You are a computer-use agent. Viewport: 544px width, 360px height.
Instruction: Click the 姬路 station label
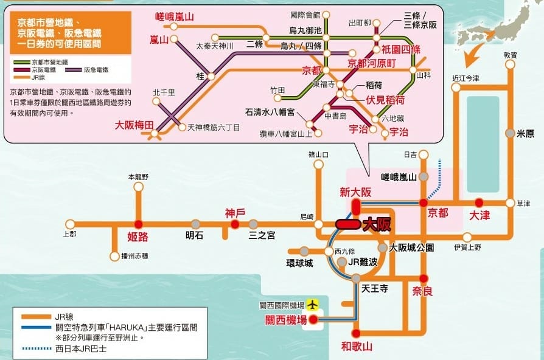(x=138, y=237)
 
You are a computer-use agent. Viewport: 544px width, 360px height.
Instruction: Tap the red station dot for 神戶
(x=235, y=224)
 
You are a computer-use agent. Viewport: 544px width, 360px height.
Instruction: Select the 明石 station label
(x=195, y=235)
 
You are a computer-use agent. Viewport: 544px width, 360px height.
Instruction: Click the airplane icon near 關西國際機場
(x=313, y=303)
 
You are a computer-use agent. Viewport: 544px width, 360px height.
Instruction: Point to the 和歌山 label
(x=356, y=347)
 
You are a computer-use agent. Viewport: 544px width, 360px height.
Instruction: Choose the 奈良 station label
(x=422, y=291)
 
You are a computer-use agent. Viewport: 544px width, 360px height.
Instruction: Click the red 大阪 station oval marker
(x=347, y=224)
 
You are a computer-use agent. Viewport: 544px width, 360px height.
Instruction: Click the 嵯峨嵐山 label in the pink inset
(x=174, y=17)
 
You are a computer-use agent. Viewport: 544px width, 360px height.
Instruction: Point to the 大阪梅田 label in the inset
(x=134, y=125)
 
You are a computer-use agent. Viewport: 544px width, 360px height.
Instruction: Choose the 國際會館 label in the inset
(x=305, y=14)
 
